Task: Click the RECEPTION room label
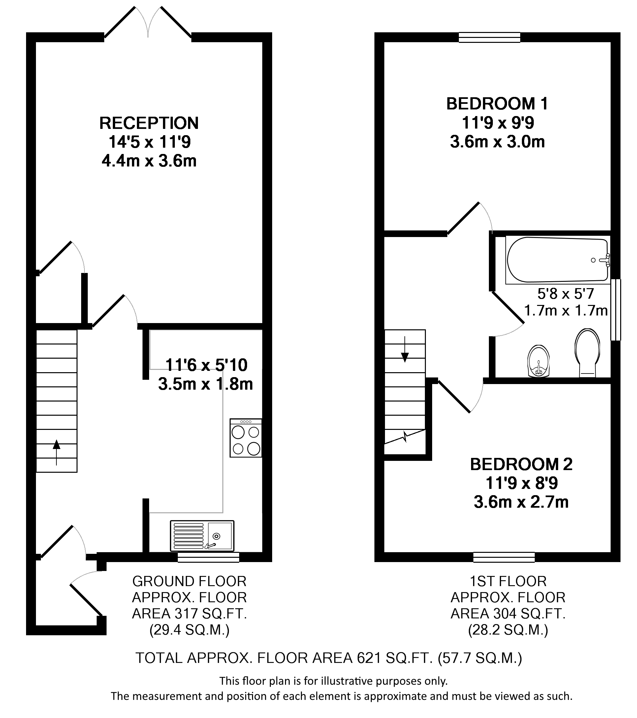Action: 149,123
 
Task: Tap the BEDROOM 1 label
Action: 497,104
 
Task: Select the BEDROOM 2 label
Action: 521,464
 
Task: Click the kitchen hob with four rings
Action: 246,438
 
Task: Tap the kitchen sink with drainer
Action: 202,535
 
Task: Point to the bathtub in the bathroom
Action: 557,260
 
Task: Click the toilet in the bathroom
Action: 588,353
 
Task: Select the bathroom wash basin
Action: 538,361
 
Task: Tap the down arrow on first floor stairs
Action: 405,349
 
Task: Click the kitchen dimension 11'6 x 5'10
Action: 207,365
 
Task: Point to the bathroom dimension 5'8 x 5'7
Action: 566,294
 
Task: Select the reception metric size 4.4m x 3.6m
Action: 149,161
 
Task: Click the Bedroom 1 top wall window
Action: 490,37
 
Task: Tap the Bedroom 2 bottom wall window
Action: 504,557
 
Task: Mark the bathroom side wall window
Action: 616,310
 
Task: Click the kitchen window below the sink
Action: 208,557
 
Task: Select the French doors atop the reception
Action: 148,22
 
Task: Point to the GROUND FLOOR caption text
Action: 189,581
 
